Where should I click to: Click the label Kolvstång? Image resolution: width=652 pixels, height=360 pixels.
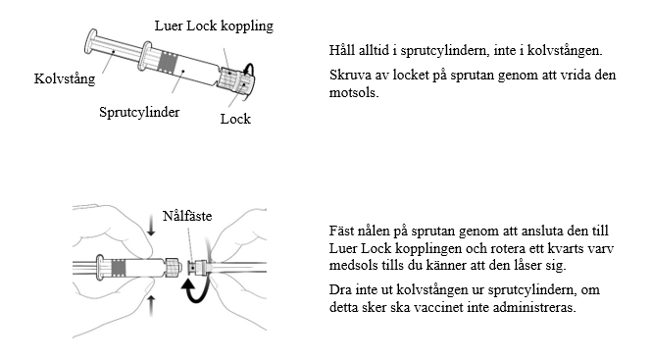(x=65, y=78)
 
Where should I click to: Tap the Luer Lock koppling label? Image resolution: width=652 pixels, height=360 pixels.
(x=214, y=26)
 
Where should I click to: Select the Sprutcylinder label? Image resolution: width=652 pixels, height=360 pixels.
(x=139, y=112)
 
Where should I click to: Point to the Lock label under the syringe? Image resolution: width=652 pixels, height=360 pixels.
(x=235, y=119)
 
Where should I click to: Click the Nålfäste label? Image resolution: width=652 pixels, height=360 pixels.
(x=187, y=216)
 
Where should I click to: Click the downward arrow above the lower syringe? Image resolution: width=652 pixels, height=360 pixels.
(x=151, y=226)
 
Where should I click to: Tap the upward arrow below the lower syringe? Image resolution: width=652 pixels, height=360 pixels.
(x=151, y=306)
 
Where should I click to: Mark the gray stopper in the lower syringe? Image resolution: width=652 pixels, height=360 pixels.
(x=119, y=268)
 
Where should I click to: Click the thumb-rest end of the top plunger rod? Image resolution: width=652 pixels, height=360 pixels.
(x=90, y=41)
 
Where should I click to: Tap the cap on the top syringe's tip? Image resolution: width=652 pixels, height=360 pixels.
(x=246, y=80)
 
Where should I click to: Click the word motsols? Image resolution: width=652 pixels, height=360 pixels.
(x=354, y=92)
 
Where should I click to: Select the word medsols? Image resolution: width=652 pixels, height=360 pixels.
(x=354, y=265)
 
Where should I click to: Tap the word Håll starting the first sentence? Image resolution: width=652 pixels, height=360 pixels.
(x=342, y=50)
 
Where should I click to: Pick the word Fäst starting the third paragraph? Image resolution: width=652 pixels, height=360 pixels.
(x=341, y=231)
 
